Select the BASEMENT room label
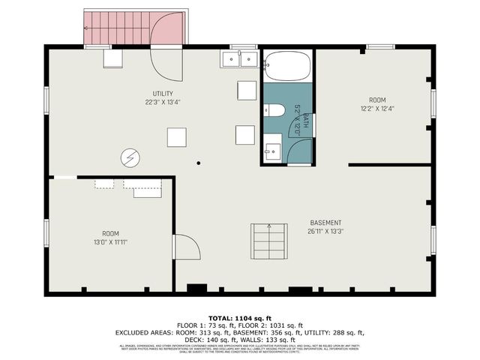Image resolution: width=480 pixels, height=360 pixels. [326, 223]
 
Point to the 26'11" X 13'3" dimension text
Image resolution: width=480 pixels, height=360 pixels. [326, 232]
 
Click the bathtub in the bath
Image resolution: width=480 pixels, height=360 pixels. [286, 66]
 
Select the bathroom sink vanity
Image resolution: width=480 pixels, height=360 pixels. [271, 148]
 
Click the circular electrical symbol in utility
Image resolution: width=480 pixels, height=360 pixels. [130, 157]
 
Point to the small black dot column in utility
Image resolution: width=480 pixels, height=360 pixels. [199, 162]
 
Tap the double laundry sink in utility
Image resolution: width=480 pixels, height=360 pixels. [239, 59]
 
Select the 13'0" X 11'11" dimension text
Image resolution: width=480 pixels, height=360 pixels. [111, 242]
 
